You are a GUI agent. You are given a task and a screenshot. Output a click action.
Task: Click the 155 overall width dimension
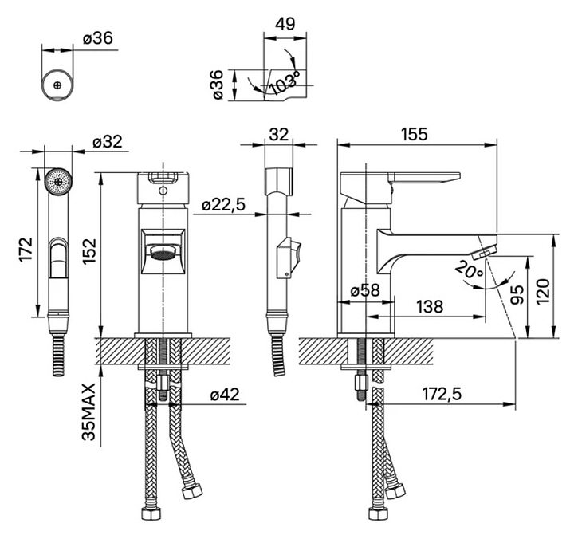pyautogui.click(x=414, y=134)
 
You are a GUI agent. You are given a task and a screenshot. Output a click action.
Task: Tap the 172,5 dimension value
pyautogui.click(x=442, y=395)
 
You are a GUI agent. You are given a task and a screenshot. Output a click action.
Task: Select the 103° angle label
pyautogui.click(x=285, y=83)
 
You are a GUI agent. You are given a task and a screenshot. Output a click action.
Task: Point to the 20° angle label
pyautogui.click(x=470, y=270)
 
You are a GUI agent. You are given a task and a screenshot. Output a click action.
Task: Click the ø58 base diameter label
pyautogui.click(x=365, y=290)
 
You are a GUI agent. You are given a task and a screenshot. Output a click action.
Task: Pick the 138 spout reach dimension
pyautogui.click(x=430, y=306)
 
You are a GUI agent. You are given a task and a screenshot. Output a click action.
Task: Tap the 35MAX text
pyautogui.click(x=89, y=411)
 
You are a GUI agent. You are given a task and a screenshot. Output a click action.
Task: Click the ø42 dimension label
pyautogui.click(x=225, y=395)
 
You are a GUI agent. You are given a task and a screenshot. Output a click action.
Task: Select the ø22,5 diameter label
pyautogui.click(x=224, y=206)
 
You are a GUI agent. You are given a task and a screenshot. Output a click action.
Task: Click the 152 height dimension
pyautogui.click(x=89, y=251)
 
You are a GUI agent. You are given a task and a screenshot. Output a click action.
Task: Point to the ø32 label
pyautogui.click(x=108, y=142)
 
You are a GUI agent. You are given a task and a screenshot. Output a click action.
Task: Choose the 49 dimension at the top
pyautogui.click(x=285, y=24)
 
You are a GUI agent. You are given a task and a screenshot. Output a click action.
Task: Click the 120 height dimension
pyautogui.click(x=543, y=291)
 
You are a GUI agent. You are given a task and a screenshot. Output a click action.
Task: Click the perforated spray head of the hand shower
pyautogui.click(x=58, y=182)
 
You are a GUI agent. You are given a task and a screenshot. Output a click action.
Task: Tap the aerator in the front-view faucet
pyautogui.click(x=163, y=254)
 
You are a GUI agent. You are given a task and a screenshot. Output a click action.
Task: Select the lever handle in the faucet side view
pyautogui.click(x=424, y=177)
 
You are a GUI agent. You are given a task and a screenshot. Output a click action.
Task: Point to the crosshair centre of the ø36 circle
pyautogui.click(x=57, y=85)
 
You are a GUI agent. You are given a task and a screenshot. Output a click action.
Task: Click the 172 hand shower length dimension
pyautogui.click(x=26, y=250)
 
